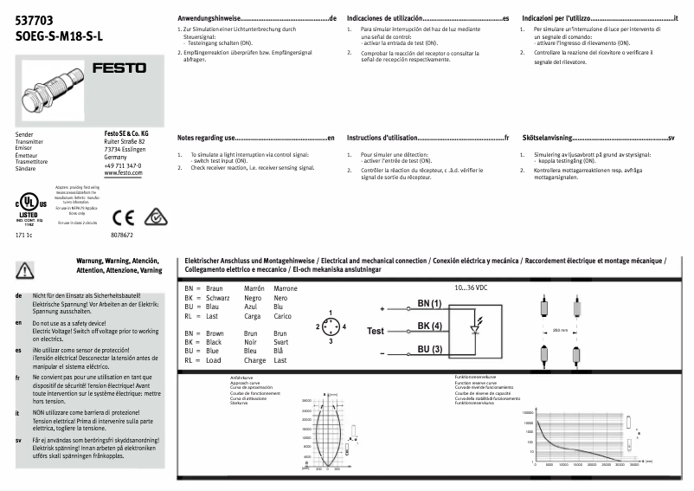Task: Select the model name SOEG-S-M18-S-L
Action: coord(59,36)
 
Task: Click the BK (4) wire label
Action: coord(429,326)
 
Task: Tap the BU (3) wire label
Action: coord(429,349)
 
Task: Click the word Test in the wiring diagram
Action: coord(375,332)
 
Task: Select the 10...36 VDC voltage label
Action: coord(472,287)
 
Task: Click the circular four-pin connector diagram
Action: coord(330,326)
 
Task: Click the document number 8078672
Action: coord(122,235)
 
